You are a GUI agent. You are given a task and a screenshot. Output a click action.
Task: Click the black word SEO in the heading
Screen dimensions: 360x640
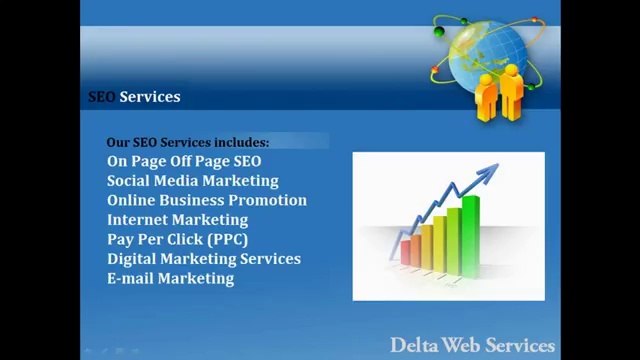click(102, 97)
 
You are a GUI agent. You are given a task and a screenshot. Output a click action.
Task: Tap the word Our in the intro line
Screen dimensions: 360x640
click(119, 143)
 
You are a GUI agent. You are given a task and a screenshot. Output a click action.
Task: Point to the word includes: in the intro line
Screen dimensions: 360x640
click(239, 143)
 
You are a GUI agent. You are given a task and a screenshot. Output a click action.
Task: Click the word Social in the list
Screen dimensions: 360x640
click(130, 181)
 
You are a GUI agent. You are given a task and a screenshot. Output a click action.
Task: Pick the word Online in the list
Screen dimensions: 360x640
click(131, 200)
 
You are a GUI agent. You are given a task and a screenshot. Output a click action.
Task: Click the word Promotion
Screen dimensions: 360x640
click(271, 200)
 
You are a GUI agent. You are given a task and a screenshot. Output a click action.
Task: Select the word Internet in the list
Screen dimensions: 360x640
click(138, 220)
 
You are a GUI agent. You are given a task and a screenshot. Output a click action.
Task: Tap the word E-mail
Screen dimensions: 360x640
click(130, 278)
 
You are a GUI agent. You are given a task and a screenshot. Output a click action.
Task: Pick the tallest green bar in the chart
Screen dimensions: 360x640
click(470, 231)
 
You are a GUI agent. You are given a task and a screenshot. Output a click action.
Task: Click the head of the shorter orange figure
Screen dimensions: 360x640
click(487, 79)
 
